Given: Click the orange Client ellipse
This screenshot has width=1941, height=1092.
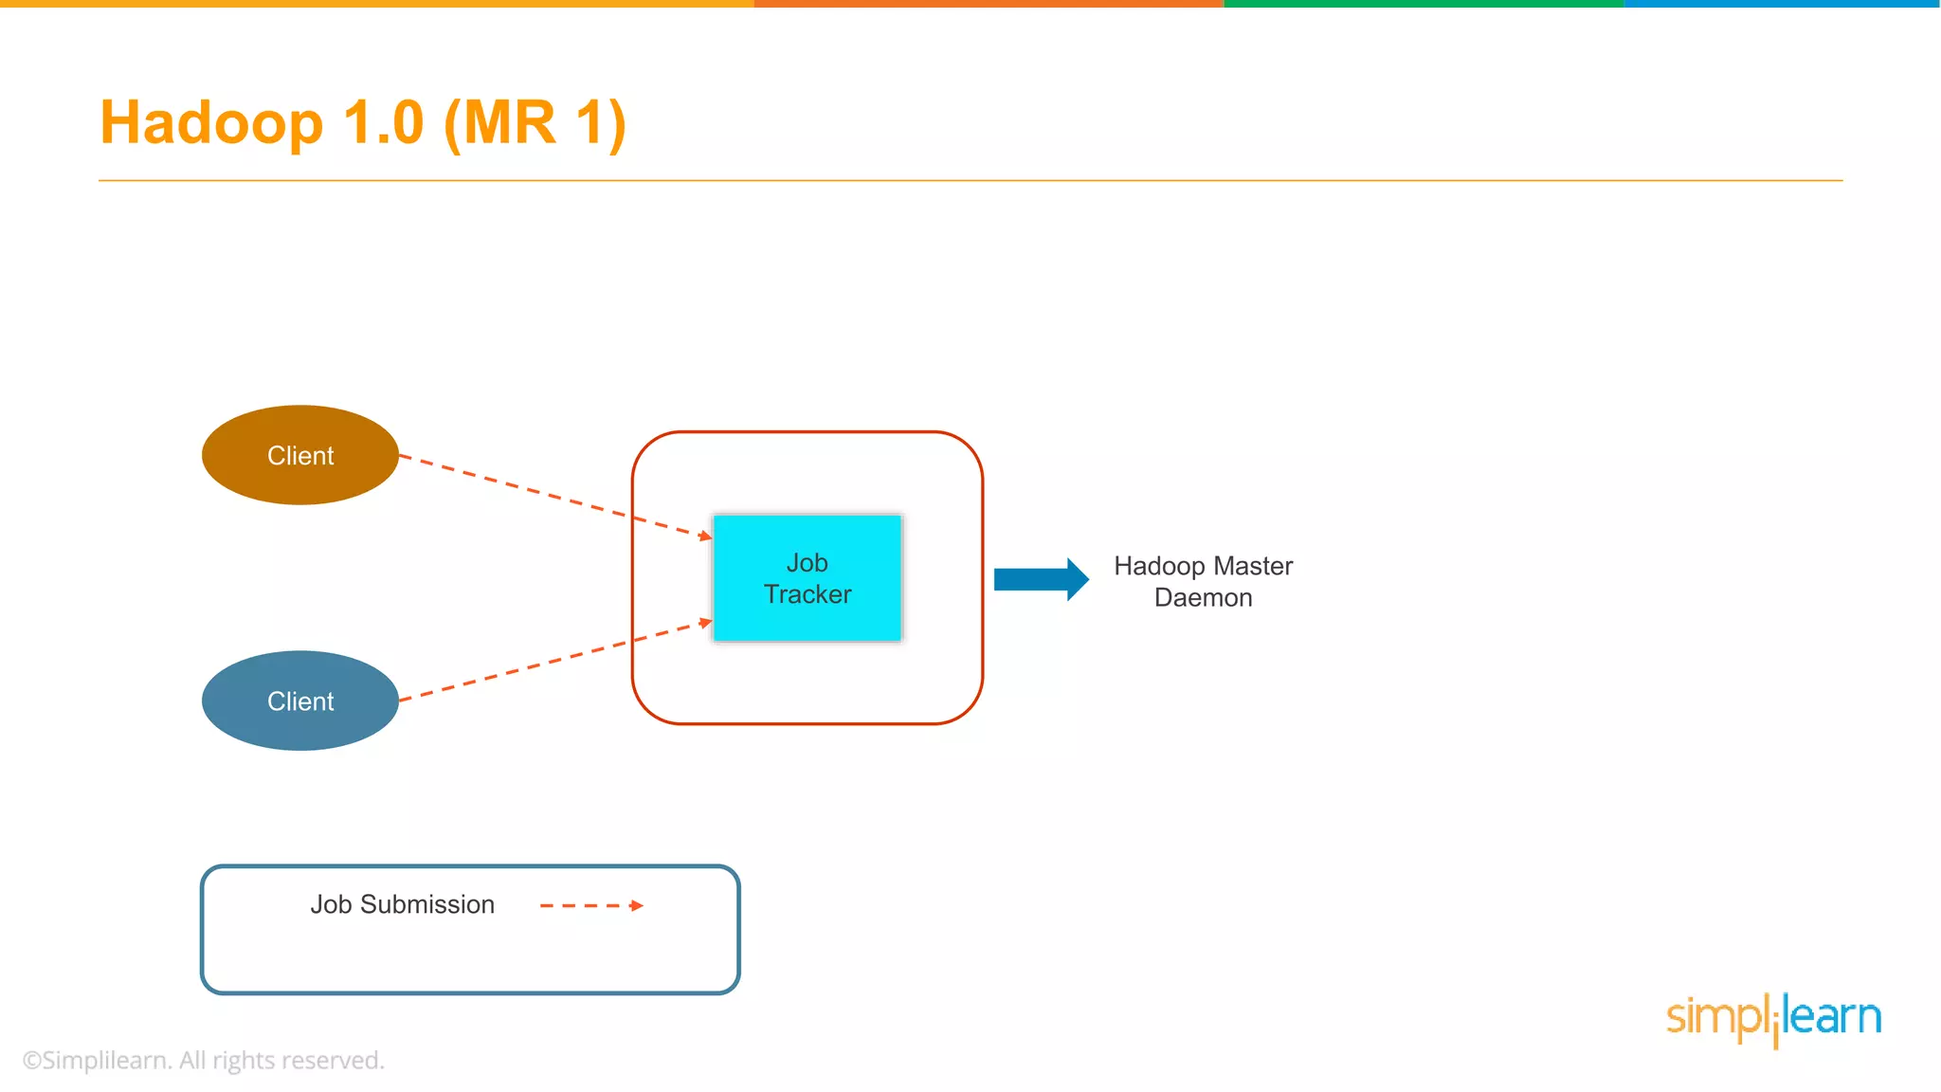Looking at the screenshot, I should [x=299, y=455].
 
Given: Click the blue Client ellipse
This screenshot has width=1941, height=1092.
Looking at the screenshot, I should [x=299, y=701].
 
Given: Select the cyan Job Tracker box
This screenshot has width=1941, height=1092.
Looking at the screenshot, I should [x=807, y=578].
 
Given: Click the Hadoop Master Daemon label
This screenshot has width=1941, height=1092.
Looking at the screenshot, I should [x=1203, y=581].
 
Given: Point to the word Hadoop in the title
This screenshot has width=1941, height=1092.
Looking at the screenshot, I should [x=211, y=123].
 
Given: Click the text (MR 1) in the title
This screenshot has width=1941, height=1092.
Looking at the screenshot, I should [x=535, y=123].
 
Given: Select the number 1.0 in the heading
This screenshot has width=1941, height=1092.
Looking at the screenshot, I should [x=383, y=123].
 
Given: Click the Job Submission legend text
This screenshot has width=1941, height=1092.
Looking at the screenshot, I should [x=402, y=904].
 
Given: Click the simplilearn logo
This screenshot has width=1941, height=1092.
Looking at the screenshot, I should [x=1773, y=1018].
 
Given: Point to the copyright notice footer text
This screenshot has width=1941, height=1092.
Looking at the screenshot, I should [x=204, y=1060].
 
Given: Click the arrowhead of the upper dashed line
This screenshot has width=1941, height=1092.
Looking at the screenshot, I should [x=705, y=537].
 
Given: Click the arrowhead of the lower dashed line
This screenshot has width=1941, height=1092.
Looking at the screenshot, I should [x=705, y=623].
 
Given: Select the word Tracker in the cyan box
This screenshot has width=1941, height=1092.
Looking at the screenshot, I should [x=807, y=594].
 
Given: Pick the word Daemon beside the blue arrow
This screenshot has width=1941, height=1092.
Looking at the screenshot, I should [x=1203, y=598].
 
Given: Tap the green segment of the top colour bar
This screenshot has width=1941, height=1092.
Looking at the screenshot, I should [x=1422, y=4].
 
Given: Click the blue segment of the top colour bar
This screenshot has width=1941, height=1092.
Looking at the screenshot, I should [x=1782, y=4].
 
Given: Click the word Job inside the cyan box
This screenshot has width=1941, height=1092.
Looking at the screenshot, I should [x=807, y=562].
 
